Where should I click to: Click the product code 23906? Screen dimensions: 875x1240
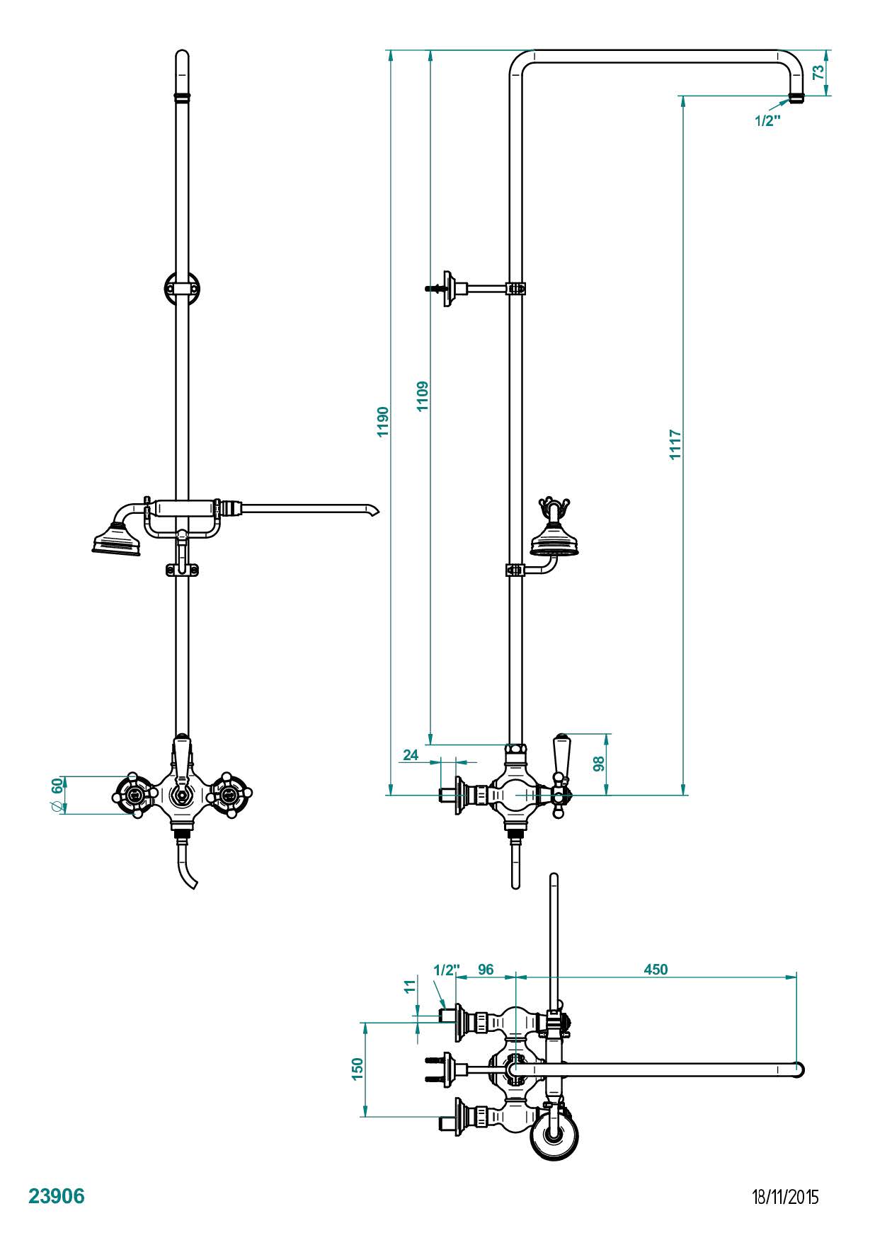point(56,1196)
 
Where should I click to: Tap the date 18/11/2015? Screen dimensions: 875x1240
point(785,1197)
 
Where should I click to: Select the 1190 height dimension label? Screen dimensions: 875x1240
point(383,422)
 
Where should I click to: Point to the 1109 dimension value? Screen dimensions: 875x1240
point(423,396)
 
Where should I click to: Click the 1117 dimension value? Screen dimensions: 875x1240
point(676,444)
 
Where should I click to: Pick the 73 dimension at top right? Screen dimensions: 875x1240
point(818,72)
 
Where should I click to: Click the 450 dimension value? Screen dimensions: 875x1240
point(656,969)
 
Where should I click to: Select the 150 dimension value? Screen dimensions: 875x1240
point(358,1069)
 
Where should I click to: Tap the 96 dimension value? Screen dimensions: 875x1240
point(486,969)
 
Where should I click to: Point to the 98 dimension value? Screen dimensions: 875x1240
point(598,764)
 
